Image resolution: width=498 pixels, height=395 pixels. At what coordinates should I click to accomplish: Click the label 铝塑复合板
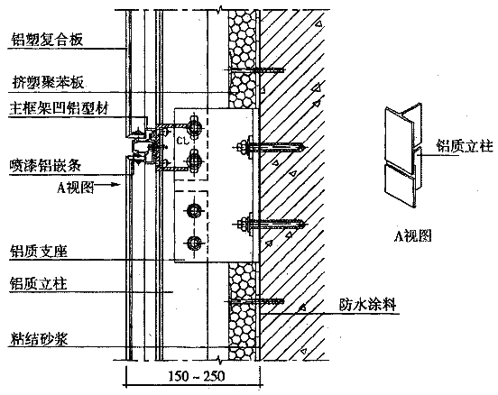(x=47, y=40)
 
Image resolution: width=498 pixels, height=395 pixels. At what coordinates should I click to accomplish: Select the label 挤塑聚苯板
(x=48, y=83)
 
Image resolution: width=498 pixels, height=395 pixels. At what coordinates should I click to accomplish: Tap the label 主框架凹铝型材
(x=59, y=108)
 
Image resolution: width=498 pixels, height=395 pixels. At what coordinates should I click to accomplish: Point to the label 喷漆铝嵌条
(x=45, y=165)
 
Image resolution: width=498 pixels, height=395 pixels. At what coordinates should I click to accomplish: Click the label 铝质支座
(x=39, y=251)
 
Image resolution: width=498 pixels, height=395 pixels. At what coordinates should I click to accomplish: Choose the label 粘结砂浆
(x=39, y=338)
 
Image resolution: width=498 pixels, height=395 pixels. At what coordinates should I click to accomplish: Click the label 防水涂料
(x=367, y=305)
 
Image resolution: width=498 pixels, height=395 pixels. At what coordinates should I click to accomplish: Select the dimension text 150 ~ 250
(x=196, y=376)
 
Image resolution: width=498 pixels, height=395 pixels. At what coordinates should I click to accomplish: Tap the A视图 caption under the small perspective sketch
(x=412, y=235)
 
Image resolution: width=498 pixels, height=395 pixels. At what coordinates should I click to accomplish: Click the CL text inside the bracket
(x=182, y=141)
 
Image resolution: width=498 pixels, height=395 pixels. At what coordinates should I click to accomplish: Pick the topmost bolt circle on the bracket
(x=193, y=128)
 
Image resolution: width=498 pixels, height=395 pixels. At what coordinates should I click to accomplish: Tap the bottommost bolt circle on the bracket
(x=193, y=243)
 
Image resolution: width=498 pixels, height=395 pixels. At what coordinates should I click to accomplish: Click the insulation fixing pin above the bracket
(x=254, y=69)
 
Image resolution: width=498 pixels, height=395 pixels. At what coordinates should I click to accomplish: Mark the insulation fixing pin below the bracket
(x=254, y=301)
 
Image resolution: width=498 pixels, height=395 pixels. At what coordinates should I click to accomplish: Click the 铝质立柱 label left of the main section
(x=39, y=283)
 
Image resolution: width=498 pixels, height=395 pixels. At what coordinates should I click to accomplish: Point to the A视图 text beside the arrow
(x=76, y=187)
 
